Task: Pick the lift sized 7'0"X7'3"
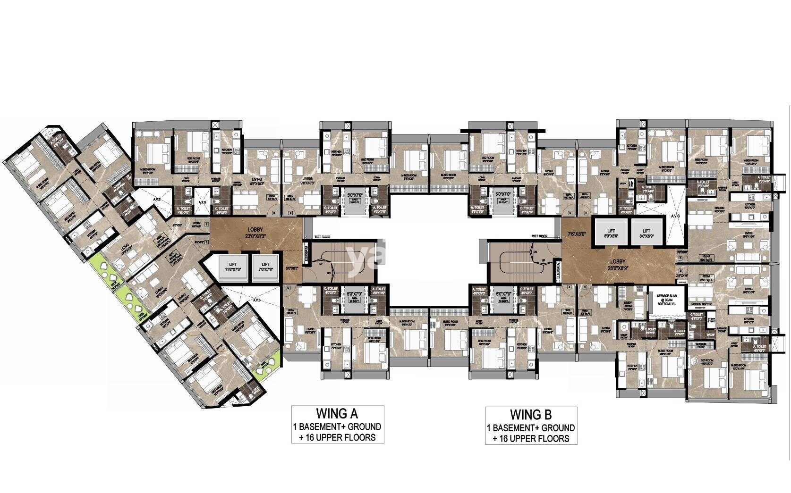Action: coord(265,268)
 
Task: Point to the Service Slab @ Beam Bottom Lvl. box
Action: coord(666,301)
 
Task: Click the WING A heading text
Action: coord(337,414)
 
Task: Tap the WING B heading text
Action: coord(531,415)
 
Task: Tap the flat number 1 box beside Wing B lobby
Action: coord(680,259)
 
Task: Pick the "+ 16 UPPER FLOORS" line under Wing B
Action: coord(531,439)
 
